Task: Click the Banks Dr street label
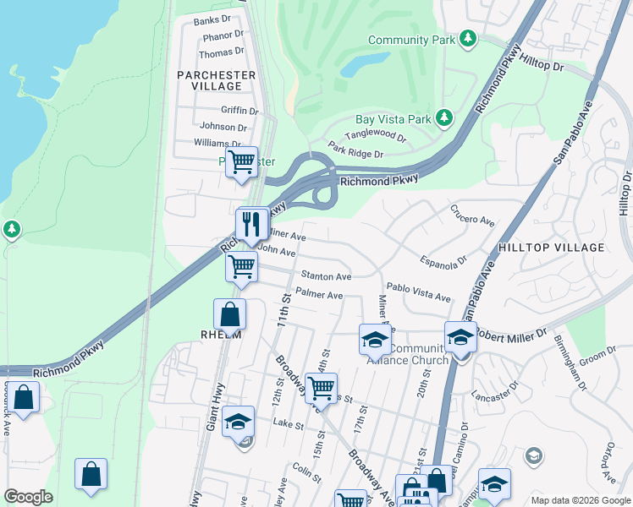tap(212, 20)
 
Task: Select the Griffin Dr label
tap(239, 111)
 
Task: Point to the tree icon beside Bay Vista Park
tap(443, 120)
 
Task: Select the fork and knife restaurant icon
tap(252, 224)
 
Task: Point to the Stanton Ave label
tap(327, 276)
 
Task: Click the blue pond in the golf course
tap(364, 66)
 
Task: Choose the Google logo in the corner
tap(29, 497)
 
